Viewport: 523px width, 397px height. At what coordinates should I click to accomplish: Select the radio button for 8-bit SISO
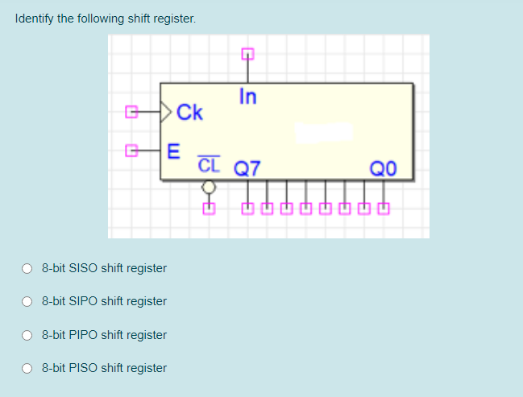(x=27, y=268)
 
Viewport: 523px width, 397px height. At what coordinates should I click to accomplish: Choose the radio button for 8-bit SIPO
(x=27, y=301)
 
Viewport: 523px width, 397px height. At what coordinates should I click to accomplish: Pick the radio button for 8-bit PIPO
(x=27, y=335)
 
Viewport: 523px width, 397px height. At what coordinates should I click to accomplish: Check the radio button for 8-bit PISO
(x=27, y=368)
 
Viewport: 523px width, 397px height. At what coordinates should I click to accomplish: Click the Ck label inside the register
(x=189, y=112)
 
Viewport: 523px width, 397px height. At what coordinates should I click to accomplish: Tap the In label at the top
(x=247, y=97)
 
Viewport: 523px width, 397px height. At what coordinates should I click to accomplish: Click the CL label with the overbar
(x=208, y=166)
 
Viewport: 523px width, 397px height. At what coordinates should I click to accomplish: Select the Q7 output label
(x=247, y=168)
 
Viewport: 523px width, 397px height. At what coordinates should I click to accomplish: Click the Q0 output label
(x=381, y=168)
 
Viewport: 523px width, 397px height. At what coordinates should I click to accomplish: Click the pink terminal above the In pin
(x=247, y=55)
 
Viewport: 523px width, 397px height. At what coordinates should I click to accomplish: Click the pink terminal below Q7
(x=247, y=210)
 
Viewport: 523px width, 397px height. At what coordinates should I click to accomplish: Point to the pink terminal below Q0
(x=383, y=210)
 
